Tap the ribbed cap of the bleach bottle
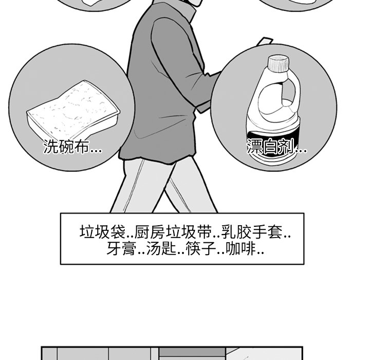(279, 63)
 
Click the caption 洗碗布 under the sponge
(66, 146)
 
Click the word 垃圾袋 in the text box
(102, 232)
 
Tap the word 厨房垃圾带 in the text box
(173, 232)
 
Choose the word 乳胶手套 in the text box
(252, 232)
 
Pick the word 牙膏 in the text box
(122, 248)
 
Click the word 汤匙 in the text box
(161, 248)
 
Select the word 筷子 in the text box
(201, 248)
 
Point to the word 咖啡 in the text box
(241, 248)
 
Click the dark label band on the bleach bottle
(273, 145)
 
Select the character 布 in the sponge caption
(82, 146)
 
